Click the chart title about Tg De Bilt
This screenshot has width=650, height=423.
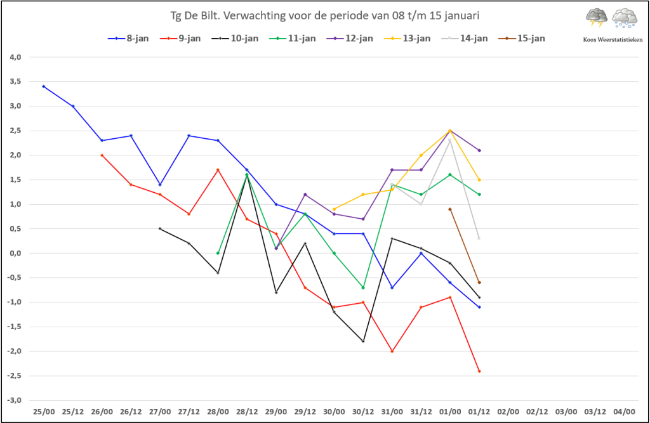[324, 16]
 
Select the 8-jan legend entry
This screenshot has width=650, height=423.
[128, 39]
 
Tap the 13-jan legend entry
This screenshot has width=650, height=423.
[407, 39]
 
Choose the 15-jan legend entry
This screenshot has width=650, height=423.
[522, 39]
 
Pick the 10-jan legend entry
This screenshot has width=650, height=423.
[235, 39]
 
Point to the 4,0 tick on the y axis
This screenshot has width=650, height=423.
[15, 57]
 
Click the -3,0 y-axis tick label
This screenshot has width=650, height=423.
[14, 400]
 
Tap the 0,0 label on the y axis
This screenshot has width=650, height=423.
[15, 253]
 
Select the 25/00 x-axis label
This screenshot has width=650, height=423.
[44, 412]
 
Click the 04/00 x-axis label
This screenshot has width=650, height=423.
[625, 412]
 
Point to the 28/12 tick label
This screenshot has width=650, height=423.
[247, 412]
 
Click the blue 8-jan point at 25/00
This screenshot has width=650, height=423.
[44, 87]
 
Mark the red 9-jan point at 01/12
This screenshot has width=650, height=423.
[479, 371]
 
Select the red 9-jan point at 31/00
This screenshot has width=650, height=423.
[392, 351]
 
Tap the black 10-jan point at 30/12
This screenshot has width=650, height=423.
[363, 341]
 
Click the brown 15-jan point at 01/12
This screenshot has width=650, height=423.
[479, 283]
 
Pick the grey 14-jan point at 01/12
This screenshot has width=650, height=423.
[479, 238]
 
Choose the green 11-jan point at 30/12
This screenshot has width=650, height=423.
[363, 287]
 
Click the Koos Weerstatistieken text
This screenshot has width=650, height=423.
[613, 40]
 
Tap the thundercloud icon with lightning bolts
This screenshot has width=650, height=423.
[597, 18]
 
